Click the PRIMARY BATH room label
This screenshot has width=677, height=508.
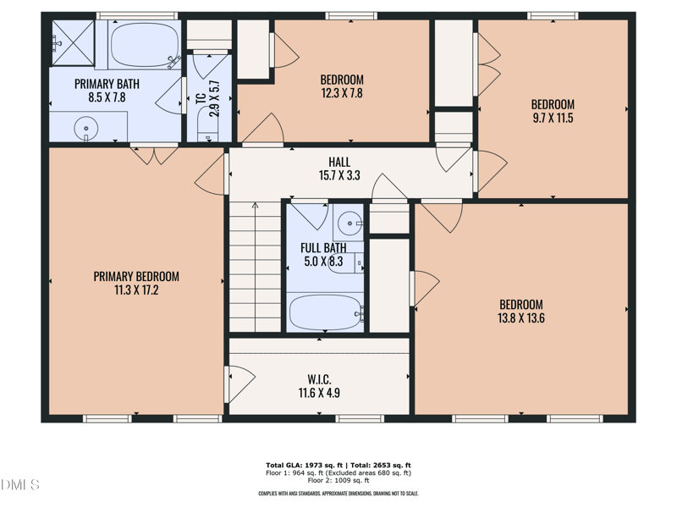point(107,84)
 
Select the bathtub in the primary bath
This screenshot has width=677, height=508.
point(144,45)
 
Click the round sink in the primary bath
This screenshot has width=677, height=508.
point(86,130)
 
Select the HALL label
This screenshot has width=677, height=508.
point(339,162)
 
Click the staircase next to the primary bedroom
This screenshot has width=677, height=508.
point(255,267)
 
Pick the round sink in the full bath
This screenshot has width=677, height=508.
point(349,224)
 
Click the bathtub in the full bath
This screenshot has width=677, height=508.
point(326,312)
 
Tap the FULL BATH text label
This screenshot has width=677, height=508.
point(323,248)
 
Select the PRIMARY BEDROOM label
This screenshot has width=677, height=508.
point(136,276)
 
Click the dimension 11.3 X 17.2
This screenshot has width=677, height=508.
point(136,290)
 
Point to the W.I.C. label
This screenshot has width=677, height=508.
point(319,378)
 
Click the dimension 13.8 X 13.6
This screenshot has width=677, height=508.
point(521,318)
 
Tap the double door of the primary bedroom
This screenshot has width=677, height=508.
point(154,154)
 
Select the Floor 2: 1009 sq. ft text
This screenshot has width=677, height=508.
point(338,480)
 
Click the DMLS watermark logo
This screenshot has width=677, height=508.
point(20,485)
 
